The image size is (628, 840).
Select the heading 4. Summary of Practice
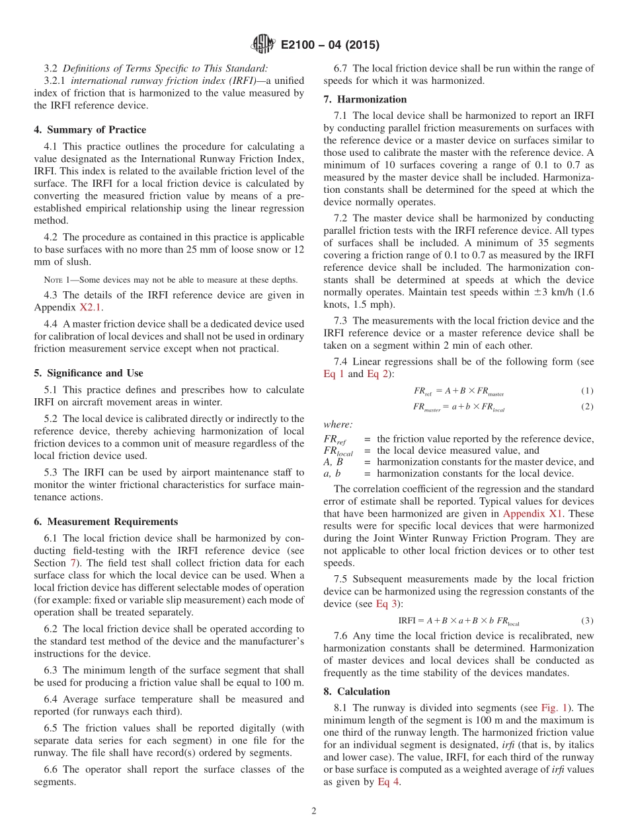(x=90, y=129)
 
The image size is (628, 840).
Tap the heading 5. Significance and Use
(x=89, y=373)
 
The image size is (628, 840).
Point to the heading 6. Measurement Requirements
(x=106, y=522)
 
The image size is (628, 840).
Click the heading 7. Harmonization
(x=365, y=99)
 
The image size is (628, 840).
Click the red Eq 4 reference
(x=388, y=782)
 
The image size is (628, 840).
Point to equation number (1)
(x=587, y=391)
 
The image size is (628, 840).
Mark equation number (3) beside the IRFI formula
(x=587, y=621)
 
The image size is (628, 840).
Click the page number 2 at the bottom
(x=314, y=811)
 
